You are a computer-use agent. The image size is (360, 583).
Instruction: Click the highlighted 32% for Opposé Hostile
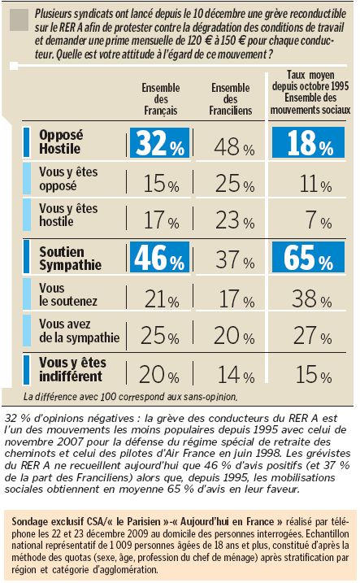tap(160, 143)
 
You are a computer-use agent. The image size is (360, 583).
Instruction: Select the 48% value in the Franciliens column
tap(234, 146)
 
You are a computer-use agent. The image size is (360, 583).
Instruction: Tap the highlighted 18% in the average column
tap(308, 142)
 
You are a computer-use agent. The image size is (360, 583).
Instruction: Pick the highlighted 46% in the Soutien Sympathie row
tap(160, 257)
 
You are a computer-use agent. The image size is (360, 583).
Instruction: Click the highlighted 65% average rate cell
tap(308, 257)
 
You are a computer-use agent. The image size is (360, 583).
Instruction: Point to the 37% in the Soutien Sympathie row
tap(235, 259)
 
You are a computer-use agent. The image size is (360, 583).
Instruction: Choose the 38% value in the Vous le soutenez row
tap(311, 298)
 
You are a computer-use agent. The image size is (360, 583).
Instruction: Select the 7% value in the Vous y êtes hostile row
tap(319, 220)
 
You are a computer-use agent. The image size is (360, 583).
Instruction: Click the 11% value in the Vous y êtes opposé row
tap(315, 184)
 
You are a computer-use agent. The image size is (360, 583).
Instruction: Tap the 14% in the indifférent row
tap(236, 375)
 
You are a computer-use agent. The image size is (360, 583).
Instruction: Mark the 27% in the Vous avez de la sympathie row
tap(312, 336)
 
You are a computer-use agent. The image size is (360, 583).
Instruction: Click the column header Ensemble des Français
tap(161, 99)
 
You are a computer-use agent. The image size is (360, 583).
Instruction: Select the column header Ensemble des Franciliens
tap(230, 99)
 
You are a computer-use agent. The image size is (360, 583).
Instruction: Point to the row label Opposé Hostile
tap(61, 141)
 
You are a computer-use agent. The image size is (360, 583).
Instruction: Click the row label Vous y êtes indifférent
tap(73, 369)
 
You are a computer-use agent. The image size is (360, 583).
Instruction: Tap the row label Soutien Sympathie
tap(70, 258)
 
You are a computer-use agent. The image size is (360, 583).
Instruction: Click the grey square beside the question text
tap(19, 20)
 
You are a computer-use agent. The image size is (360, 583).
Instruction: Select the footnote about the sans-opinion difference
tap(130, 397)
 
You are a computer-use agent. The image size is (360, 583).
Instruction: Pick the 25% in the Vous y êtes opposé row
tap(235, 184)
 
